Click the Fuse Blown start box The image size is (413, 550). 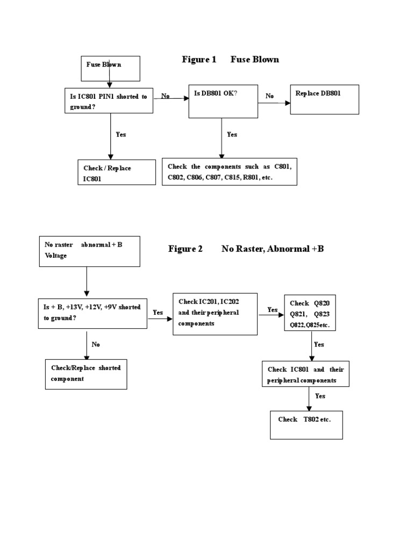pyautogui.click(x=110, y=68)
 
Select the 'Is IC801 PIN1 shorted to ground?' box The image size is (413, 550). pyautogui.click(x=108, y=100)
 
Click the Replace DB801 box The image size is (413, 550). pyautogui.click(x=324, y=99)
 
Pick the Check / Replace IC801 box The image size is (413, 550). pyautogui.click(x=117, y=172)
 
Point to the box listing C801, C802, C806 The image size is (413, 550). pyautogui.click(x=230, y=171)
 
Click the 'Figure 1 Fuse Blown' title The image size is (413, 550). pyautogui.click(x=230, y=60)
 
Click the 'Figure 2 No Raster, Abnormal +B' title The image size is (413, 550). pyautogui.click(x=246, y=249)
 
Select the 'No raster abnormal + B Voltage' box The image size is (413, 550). pyautogui.click(x=90, y=251)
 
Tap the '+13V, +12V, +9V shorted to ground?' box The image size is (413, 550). pyautogui.click(x=92, y=313)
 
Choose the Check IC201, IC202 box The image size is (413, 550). pyautogui.click(x=215, y=314)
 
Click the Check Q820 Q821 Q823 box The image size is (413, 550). pyautogui.click(x=310, y=314)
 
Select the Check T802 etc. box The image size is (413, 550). pyautogui.click(x=306, y=425)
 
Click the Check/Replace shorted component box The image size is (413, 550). pyautogui.click(x=86, y=374)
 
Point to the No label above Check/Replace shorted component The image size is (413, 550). pyautogui.click(x=96, y=344)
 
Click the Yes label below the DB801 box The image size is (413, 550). pyautogui.click(x=232, y=134)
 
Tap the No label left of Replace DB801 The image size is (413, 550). pyautogui.click(x=269, y=96)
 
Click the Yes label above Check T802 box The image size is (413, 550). pyautogui.click(x=320, y=396)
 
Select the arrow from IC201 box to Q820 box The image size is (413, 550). pyautogui.click(x=271, y=316)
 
